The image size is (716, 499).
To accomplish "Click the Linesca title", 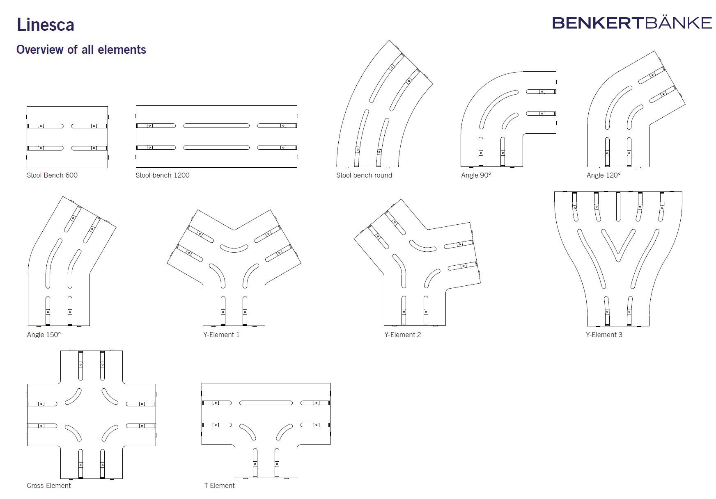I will pyautogui.click(x=45, y=25).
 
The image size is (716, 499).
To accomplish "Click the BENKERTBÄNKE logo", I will pyautogui.click(x=631, y=23).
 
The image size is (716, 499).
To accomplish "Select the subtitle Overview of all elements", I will pyautogui.click(x=81, y=50).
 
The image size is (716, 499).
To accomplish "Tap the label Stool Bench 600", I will pyautogui.click(x=52, y=175).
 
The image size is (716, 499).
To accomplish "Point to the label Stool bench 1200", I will pyautogui.click(x=163, y=175).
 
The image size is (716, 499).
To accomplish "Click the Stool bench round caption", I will pyautogui.click(x=364, y=175).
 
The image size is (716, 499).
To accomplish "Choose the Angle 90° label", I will pyautogui.click(x=476, y=175).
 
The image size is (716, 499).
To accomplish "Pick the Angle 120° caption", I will pyautogui.click(x=604, y=175).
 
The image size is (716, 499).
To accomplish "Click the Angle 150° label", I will pyautogui.click(x=44, y=335).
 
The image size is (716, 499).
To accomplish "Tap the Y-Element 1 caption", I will pyautogui.click(x=221, y=335).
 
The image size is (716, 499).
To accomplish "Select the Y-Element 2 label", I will pyautogui.click(x=402, y=335).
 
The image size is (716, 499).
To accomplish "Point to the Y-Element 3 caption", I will pyautogui.click(x=604, y=335).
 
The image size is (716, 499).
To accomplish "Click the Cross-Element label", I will pyautogui.click(x=49, y=485).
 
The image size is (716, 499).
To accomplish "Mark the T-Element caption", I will pyautogui.click(x=220, y=485).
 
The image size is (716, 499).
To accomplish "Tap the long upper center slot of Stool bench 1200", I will pyautogui.click(x=216, y=125).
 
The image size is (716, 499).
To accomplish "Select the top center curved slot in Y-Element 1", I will pyautogui.click(x=234, y=248).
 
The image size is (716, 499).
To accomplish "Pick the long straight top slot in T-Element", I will pyautogui.click(x=266, y=403).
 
